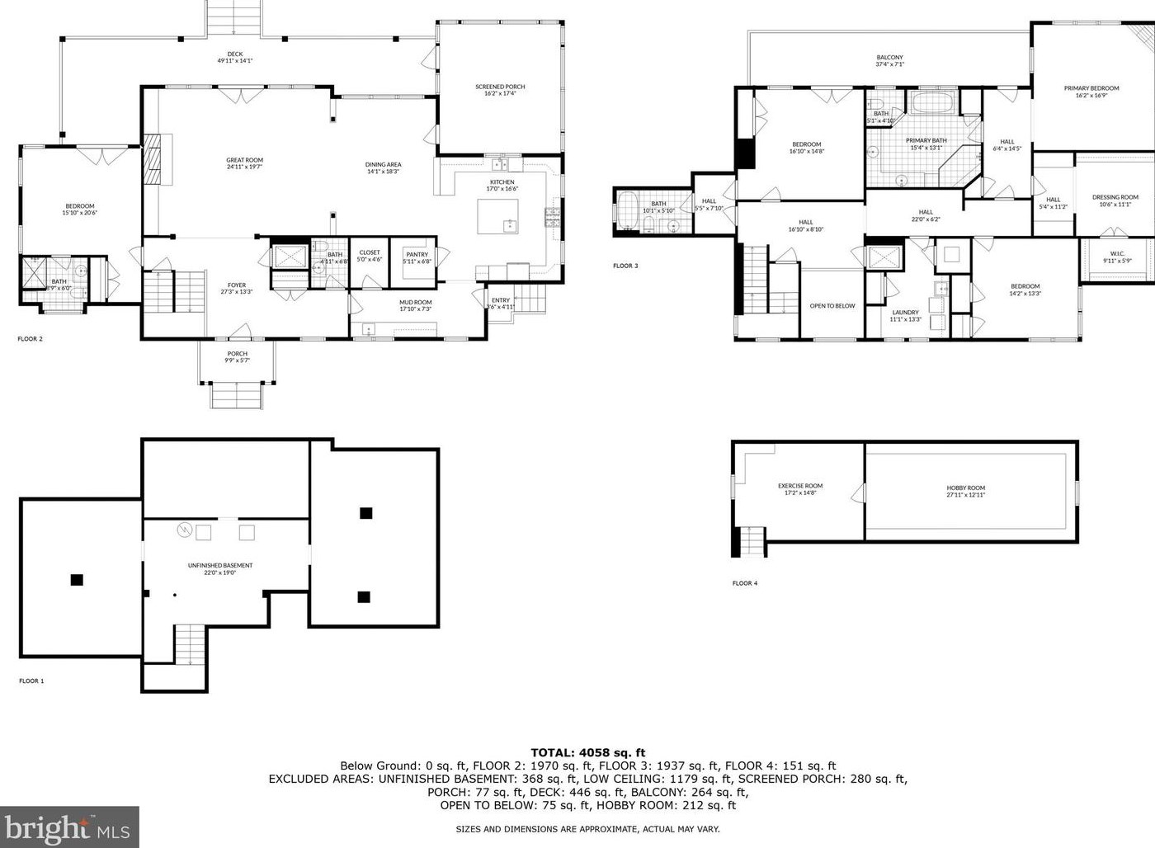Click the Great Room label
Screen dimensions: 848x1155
[x=245, y=160]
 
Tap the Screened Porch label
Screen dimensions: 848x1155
[x=500, y=87]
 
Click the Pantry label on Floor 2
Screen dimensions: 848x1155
[x=417, y=254]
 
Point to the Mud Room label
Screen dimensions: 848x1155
[x=416, y=302]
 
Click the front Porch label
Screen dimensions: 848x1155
[x=238, y=354]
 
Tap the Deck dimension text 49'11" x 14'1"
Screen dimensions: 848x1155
[x=235, y=61]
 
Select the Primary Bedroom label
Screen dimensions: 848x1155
[x=1091, y=88]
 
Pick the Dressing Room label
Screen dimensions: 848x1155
[x=1115, y=197]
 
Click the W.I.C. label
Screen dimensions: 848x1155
[x=1117, y=253]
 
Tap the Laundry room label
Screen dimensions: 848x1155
[x=905, y=313]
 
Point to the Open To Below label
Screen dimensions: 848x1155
[x=832, y=306]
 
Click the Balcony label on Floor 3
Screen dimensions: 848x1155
[x=889, y=58]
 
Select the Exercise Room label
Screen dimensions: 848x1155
[x=800, y=486]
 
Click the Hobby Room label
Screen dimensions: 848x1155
[x=966, y=488]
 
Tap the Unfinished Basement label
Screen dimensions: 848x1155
[x=220, y=565]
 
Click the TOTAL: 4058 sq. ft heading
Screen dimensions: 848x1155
[x=587, y=752]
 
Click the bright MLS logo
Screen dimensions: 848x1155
[x=69, y=827]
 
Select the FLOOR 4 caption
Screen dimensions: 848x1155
[x=745, y=583]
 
